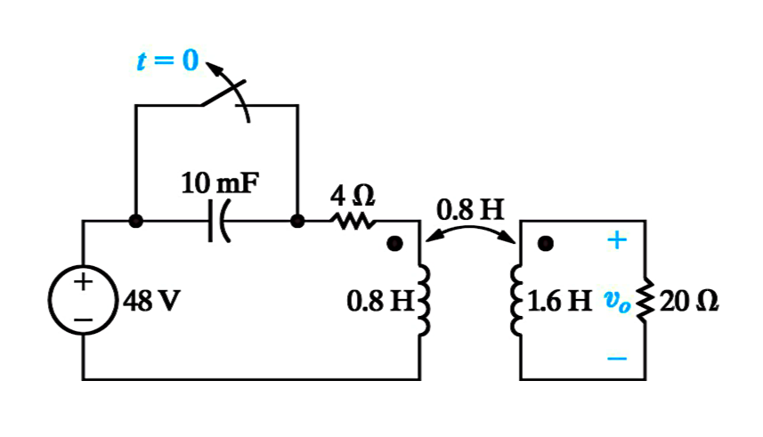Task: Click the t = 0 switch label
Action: [168, 61]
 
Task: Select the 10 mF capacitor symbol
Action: [218, 221]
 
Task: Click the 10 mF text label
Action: [221, 183]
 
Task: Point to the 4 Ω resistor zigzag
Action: [353, 222]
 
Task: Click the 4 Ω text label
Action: [353, 196]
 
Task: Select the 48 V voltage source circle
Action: [84, 300]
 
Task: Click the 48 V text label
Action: [151, 301]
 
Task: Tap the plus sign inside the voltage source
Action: [83, 282]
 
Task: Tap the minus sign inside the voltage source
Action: [83, 320]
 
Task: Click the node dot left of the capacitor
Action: [135, 221]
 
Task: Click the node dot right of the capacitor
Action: [297, 221]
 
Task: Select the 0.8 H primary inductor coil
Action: [424, 300]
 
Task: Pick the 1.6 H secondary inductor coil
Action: [516, 300]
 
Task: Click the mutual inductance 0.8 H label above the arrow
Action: [470, 210]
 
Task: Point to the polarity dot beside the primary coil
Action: [394, 243]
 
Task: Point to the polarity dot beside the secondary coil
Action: [546, 243]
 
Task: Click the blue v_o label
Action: [617, 302]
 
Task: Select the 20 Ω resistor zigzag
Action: [645, 300]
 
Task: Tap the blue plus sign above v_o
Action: [617, 240]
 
